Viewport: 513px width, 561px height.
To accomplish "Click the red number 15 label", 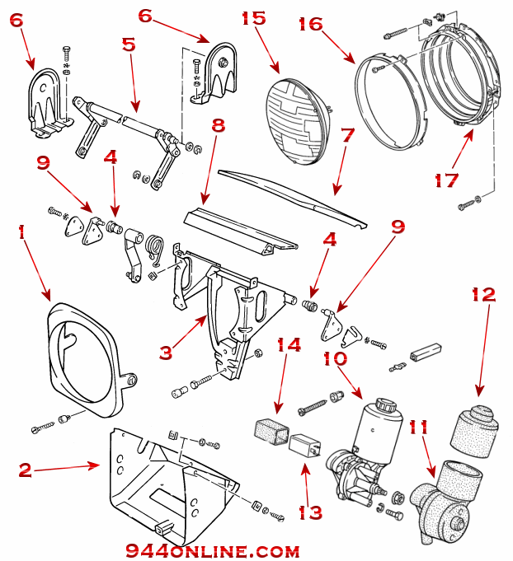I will click(x=255, y=18).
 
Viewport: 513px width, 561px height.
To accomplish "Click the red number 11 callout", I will click(x=418, y=428).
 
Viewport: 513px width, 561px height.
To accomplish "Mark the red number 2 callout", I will click(x=26, y=470).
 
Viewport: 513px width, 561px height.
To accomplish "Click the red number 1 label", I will click(x=21, y=234).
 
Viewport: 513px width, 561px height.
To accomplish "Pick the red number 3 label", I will click(x=166, y=353).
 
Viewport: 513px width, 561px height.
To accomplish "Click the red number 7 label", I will click(x=347, y=133).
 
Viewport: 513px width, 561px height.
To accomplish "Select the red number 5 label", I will click(x=128, y=44).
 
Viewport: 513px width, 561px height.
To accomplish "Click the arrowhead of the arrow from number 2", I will click(x=99, y=465).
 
